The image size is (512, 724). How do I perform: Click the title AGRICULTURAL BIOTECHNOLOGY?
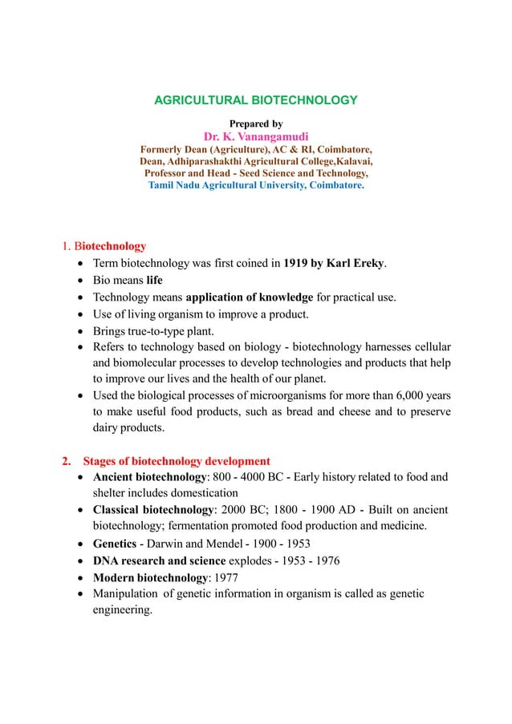255,100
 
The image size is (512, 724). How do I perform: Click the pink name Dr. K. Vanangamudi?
255,136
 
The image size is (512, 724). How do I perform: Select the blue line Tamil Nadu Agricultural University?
255,185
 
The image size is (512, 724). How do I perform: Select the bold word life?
154,281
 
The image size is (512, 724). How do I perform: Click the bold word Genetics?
118,544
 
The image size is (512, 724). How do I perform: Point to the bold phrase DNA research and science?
168,560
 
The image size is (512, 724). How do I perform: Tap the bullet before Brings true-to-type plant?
83,334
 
